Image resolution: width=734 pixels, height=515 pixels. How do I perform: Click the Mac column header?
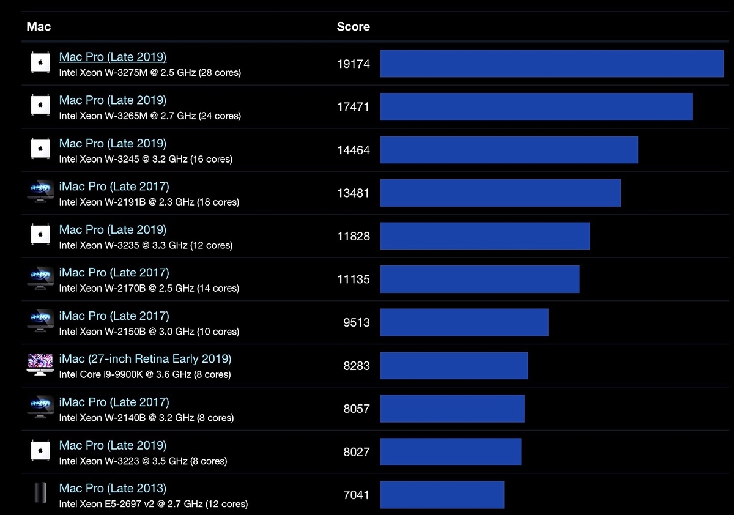point(39,26)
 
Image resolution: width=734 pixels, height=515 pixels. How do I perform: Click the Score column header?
point(354,26)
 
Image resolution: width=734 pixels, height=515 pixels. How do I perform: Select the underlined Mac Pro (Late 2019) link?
point(113,57)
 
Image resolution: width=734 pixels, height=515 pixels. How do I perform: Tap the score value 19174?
point(354,64)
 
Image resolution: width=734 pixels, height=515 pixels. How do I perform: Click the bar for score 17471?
point(536,107)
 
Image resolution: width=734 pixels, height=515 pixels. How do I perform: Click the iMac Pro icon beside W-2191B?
point(40,191)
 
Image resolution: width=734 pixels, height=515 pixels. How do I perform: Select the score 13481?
point(354,193)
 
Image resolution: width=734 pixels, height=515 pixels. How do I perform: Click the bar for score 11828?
point(485,236)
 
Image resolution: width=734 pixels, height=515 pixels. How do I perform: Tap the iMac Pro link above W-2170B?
point(114,273)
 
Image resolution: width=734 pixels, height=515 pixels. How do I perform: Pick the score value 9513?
point(357,323)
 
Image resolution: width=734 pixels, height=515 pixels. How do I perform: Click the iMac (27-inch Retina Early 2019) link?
point(145,359)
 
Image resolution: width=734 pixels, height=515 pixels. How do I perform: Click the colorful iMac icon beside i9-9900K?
point(40,365)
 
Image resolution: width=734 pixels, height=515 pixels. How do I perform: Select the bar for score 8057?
point(452,409)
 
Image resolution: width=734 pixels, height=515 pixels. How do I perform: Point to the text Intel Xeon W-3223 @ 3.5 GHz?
point(123,461)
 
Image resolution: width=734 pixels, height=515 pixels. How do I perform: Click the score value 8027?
point(357,452)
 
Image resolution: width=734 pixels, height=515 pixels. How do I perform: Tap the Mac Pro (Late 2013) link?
point(113,489)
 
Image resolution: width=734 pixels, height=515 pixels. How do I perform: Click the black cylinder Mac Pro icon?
point(40,493)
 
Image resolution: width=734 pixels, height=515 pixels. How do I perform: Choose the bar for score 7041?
point(442,495)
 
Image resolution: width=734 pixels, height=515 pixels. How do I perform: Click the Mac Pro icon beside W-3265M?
point(40,105)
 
